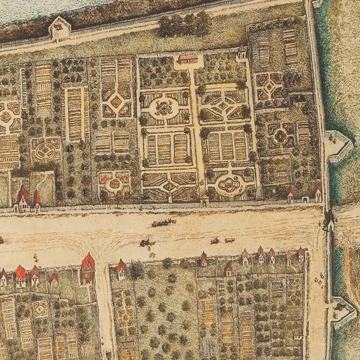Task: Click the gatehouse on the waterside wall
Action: [60, 27]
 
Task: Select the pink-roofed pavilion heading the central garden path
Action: [188, 58]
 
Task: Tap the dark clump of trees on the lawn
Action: [185, 25]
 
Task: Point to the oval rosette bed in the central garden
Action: [163, 109]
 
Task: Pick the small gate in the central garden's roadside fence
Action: [205, 200]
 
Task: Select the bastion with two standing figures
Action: [337, 144]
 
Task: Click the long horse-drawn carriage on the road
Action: [163, 223]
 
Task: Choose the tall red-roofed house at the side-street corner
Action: [88, 268]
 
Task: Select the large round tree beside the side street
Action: [137, 271]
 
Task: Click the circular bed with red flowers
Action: [114, 181]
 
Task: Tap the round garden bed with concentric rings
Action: [45, 150]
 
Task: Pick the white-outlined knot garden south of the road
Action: [41, 308]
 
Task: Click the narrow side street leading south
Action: [103, 312]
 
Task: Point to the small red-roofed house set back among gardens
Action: [229, 269]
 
